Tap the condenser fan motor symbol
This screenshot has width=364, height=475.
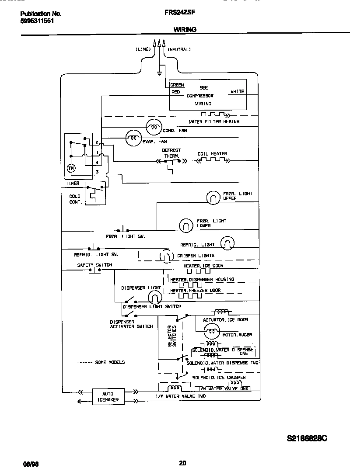[153, 127]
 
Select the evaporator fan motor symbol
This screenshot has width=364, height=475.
[133, 139]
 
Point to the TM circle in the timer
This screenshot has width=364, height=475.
[71, 168]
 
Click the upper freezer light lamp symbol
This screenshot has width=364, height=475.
[213, 198]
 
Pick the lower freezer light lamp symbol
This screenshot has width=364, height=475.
[186, 225]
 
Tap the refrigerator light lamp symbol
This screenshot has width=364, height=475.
[227, 243]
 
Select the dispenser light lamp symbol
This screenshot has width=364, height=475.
[154, 298]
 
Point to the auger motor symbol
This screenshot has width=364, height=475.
[212, 333]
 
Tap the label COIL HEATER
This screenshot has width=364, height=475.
[212, 154]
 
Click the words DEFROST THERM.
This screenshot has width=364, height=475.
[171, 153]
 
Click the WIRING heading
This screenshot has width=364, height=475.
[185, 29]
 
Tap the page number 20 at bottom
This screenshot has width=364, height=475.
[182, 463]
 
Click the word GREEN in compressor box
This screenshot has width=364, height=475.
[177, 85]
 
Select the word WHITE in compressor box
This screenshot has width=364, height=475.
[237, 92]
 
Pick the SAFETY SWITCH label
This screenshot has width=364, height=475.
[94, 265]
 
